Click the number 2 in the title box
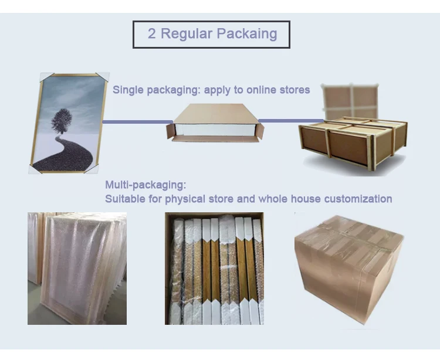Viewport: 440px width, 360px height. [151, 34]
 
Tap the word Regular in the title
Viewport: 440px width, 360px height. [182, 34]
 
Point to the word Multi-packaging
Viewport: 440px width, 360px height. [145, 185]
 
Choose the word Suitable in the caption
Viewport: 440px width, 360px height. [124, 199]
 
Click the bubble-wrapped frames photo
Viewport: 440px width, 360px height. [77, 268]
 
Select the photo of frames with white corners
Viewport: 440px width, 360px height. [214, 269]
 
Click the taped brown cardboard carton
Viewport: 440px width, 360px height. [348, 267]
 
